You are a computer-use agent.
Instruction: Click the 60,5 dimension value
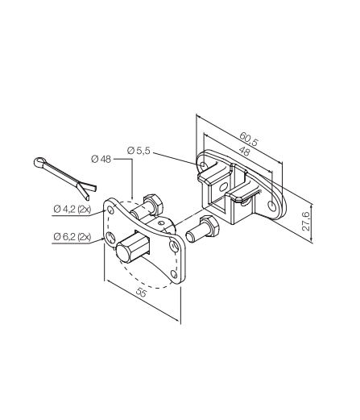(248, 139)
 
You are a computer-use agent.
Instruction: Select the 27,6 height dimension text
(305, 221)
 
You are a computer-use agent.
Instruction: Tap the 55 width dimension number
(141, 293)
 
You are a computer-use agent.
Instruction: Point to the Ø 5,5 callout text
(138, 151)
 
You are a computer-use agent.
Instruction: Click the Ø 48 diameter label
(101, 159)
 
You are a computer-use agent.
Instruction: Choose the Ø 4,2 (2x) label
(72, 209)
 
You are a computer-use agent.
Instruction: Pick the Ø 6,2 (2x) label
(72, 237)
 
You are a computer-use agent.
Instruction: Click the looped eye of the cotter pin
(39, 162)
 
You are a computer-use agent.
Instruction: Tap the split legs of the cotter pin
(86, 190)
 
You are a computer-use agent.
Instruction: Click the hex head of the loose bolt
(209, 226)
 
